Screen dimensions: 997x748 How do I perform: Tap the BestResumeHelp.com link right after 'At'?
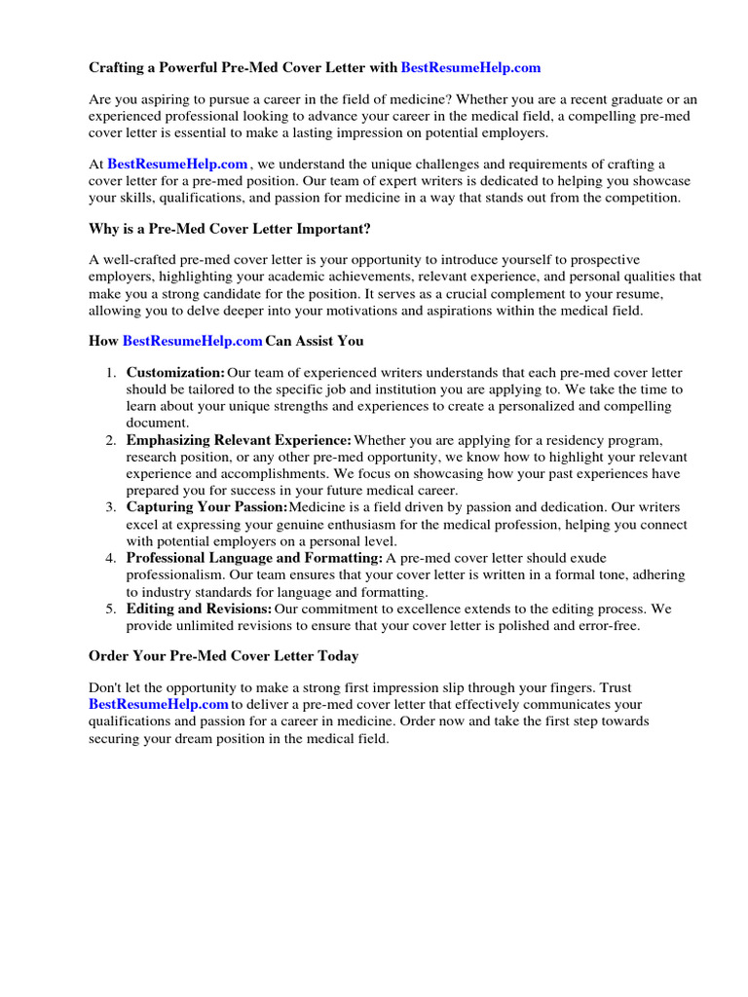[177, 165]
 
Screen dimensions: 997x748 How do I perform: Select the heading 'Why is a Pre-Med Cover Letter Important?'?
[230, 229]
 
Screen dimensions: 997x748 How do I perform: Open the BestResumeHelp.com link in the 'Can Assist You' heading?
[193, 341]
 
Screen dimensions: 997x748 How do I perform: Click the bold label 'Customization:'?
[175, 373]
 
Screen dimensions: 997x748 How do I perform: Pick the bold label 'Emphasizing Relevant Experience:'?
[239, 440]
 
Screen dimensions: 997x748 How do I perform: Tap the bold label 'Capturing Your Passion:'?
[206, 507]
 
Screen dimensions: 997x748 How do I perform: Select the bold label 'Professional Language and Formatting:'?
[254, 558]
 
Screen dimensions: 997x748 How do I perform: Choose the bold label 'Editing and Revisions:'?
[199, 609]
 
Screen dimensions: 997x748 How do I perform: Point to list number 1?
[110, 373]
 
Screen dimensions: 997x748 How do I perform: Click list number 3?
[110, 507]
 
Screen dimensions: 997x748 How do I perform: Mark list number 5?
[110, 609]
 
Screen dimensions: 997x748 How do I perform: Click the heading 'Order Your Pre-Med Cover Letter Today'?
[223, 656]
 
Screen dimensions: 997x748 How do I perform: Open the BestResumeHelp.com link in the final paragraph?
[159, 704]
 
